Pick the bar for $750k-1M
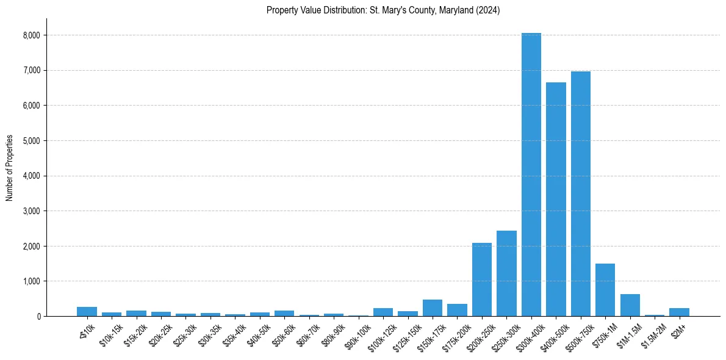[605, 290]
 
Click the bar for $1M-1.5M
[630, 305]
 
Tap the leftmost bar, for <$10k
[87, 312]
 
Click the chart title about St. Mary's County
[383, 10]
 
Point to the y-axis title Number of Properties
[10, 167]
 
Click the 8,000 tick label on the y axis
[31, 35]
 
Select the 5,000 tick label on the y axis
[31, 141]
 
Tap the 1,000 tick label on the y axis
[31, 281]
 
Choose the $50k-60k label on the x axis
[282, 333]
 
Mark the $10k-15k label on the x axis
[110, 333]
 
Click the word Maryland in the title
[457, 10]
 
